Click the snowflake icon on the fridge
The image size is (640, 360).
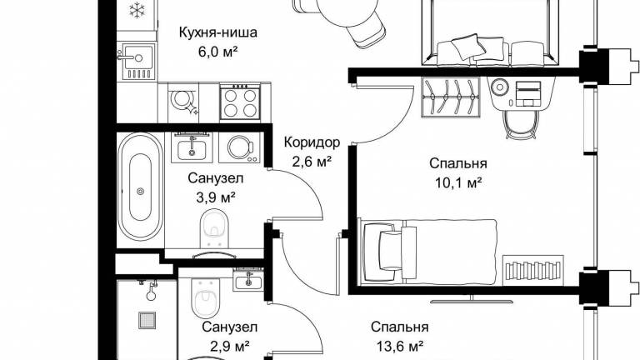point(137,10)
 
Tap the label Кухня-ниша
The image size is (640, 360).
point(218,32)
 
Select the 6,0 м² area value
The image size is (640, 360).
point(218,52)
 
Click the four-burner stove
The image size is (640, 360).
point(240,102)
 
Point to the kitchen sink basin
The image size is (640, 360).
point(139,57)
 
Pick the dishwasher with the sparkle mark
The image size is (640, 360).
point(183,102)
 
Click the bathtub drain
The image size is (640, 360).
point(140,191)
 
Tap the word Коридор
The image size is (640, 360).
point(312,142)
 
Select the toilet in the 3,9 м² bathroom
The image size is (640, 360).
point(215,228)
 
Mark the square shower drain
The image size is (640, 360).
point(147,320)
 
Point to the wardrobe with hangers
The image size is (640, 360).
point(451,97)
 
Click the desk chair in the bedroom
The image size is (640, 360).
point(520,124)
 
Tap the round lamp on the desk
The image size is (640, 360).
point(499,87)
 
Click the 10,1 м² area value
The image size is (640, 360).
point(458,182)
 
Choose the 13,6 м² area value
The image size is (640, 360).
point(399,347)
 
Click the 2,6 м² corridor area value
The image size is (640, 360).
point(312,162)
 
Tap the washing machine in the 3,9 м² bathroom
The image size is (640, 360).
point(239,147)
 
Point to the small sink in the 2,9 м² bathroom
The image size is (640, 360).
point(248,280)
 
